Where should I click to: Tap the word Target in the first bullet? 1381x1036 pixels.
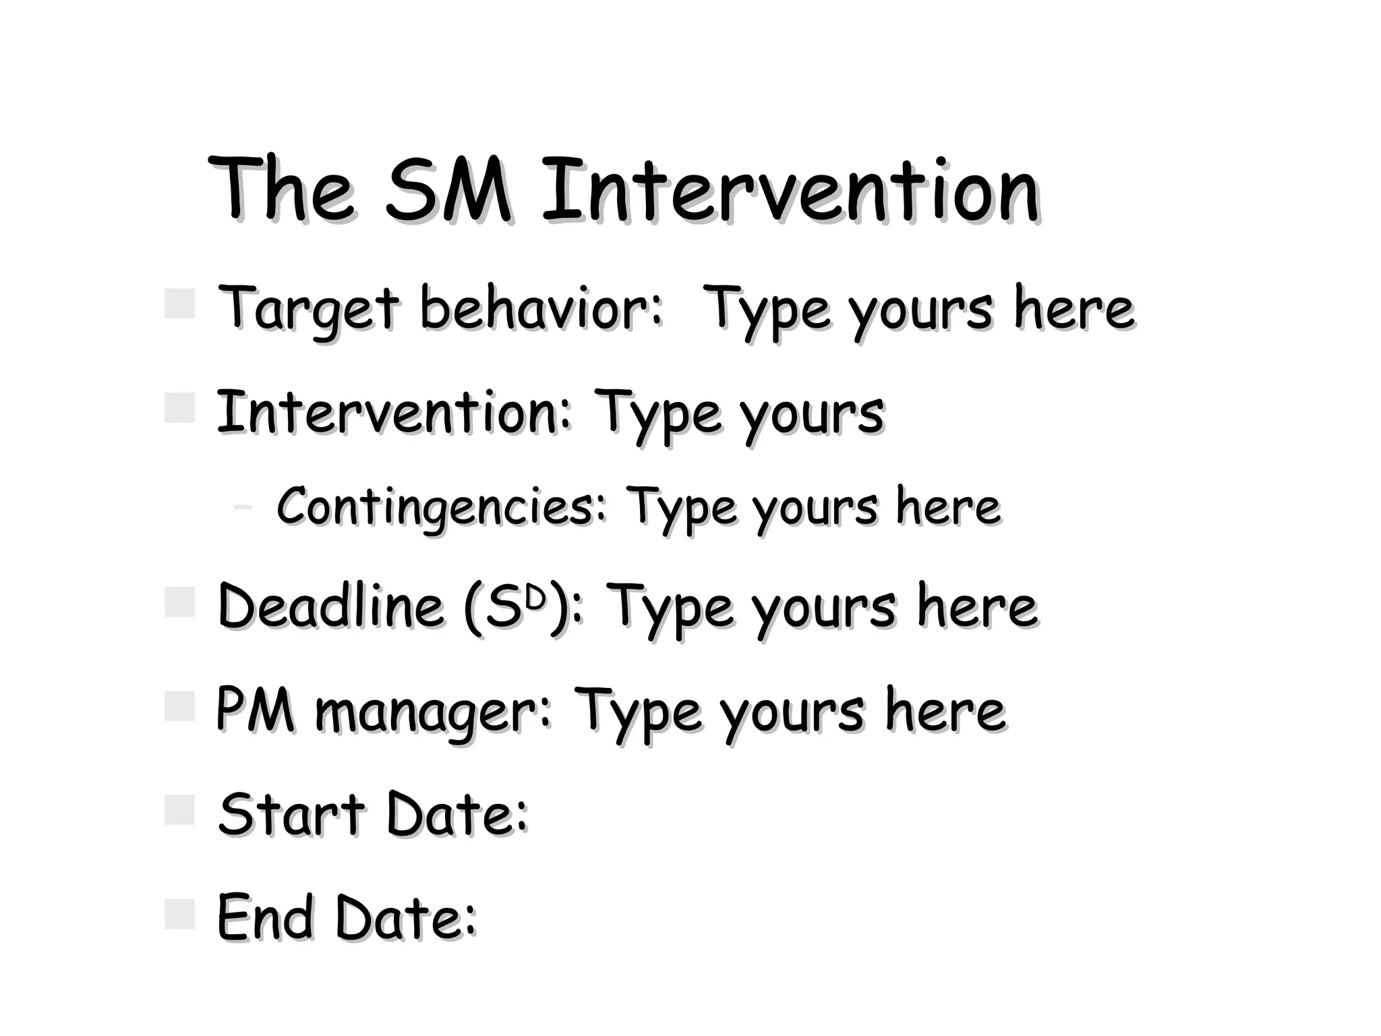click(310, 310)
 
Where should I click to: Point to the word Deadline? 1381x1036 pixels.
click(331, 606)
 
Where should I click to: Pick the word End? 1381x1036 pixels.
click(266, 918)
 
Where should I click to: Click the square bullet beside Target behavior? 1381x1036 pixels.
click(179, 304)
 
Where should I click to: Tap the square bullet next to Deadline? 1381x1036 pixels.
click(179, 602)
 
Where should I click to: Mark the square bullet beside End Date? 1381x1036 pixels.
click(179, 913)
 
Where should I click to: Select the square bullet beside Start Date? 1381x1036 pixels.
click(179, 809)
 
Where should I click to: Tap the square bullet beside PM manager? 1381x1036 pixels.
click(179, 706)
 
